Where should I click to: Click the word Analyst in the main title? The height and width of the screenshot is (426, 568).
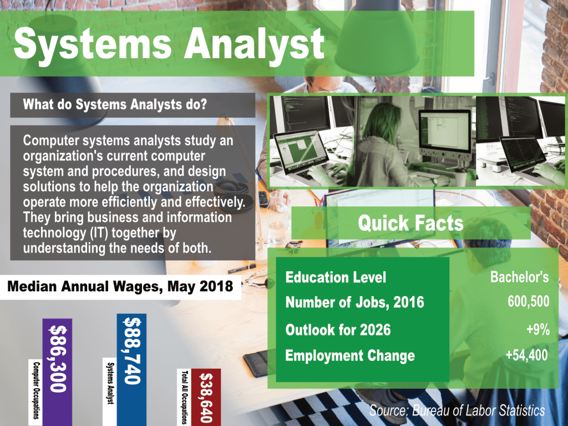pyautogui.click(x=254, y=44)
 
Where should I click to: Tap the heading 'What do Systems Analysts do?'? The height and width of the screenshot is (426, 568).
pyautogui.click(x=115, y=104)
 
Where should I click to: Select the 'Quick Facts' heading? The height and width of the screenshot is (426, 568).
pyautogui.click(x=411, y=223)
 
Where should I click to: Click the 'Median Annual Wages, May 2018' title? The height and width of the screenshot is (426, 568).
pyautogui.click(x=120, y=287)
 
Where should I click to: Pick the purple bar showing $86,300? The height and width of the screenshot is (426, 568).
pyautogui.click(x=57, y=372)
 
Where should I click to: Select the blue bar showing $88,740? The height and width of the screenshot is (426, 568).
pyautogui.click(x=132, y=369)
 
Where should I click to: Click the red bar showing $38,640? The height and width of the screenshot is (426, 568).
pyautogui.click(x=206, y=397)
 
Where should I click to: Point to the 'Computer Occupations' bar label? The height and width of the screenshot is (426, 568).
pyautogui.click(x=36, y=390)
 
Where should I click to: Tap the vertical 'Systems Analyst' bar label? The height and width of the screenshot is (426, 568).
pyautogui.click(x=110, y=383)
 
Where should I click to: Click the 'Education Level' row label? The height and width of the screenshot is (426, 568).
pyautogui.click(x=336, y=277)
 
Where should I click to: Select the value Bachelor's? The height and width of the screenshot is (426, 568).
pyautogui.click(x=519, y=277)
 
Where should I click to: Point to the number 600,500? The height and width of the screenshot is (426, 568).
pyautogui.click(x=528, y=301)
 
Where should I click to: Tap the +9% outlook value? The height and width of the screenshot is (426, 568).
pyautogui.click(x=538, y=329)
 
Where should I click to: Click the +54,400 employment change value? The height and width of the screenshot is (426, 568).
pyautogui.click(x=527, y=355)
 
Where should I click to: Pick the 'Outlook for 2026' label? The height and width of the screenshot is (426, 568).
pyautogui.click(x=338, y=330)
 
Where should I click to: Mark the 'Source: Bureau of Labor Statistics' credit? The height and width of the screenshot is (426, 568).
pyautogui.click(x=457, y=410)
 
